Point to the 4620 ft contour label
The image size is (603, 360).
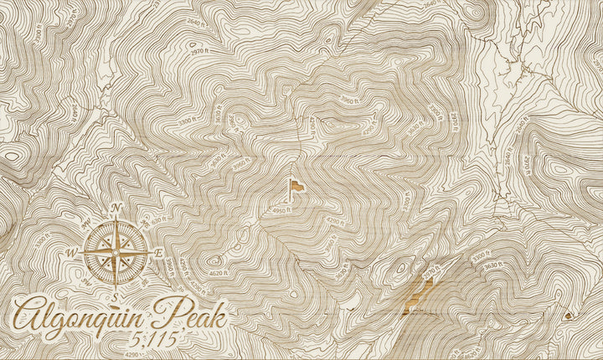tap(218, 273)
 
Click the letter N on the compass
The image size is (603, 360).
tap(117, 208)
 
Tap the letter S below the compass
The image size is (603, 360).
tap(116, 295)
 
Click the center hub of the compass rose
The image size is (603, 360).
tap(116, 251)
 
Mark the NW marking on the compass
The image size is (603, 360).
tap(88, 223)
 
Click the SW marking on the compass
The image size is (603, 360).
tap(87, 281)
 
